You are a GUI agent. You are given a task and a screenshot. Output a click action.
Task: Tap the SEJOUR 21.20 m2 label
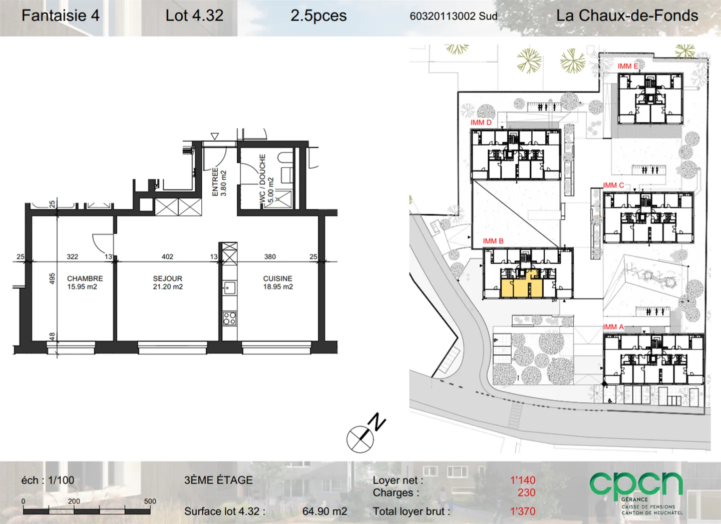click(168, 282)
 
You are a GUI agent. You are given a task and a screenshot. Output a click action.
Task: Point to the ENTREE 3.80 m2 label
click(219, 182)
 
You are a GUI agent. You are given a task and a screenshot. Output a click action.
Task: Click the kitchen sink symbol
click(229, 287)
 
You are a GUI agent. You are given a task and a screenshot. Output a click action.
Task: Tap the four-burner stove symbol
click(229, 318)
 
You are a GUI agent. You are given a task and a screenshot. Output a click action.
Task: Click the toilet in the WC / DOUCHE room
click(285, 159)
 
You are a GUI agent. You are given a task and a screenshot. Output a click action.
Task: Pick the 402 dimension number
click(167, 256)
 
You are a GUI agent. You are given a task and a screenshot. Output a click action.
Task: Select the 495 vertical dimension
click(52, 278)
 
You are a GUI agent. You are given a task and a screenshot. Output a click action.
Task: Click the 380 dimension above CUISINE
click(270, 256)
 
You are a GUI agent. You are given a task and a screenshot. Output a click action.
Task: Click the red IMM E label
click(628, 66)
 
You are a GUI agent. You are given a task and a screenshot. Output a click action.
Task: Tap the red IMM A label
click(613, 327)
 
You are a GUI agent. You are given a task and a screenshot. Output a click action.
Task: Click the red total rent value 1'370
click(523, 511)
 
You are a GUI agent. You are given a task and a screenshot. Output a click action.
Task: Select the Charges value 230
click(526, 492)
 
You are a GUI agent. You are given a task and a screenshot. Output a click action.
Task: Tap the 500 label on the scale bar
click(150, 501)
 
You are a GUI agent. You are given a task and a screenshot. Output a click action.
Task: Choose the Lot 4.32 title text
click(194, 15)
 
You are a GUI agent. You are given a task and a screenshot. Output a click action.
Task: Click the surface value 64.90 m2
click(325, 511)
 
